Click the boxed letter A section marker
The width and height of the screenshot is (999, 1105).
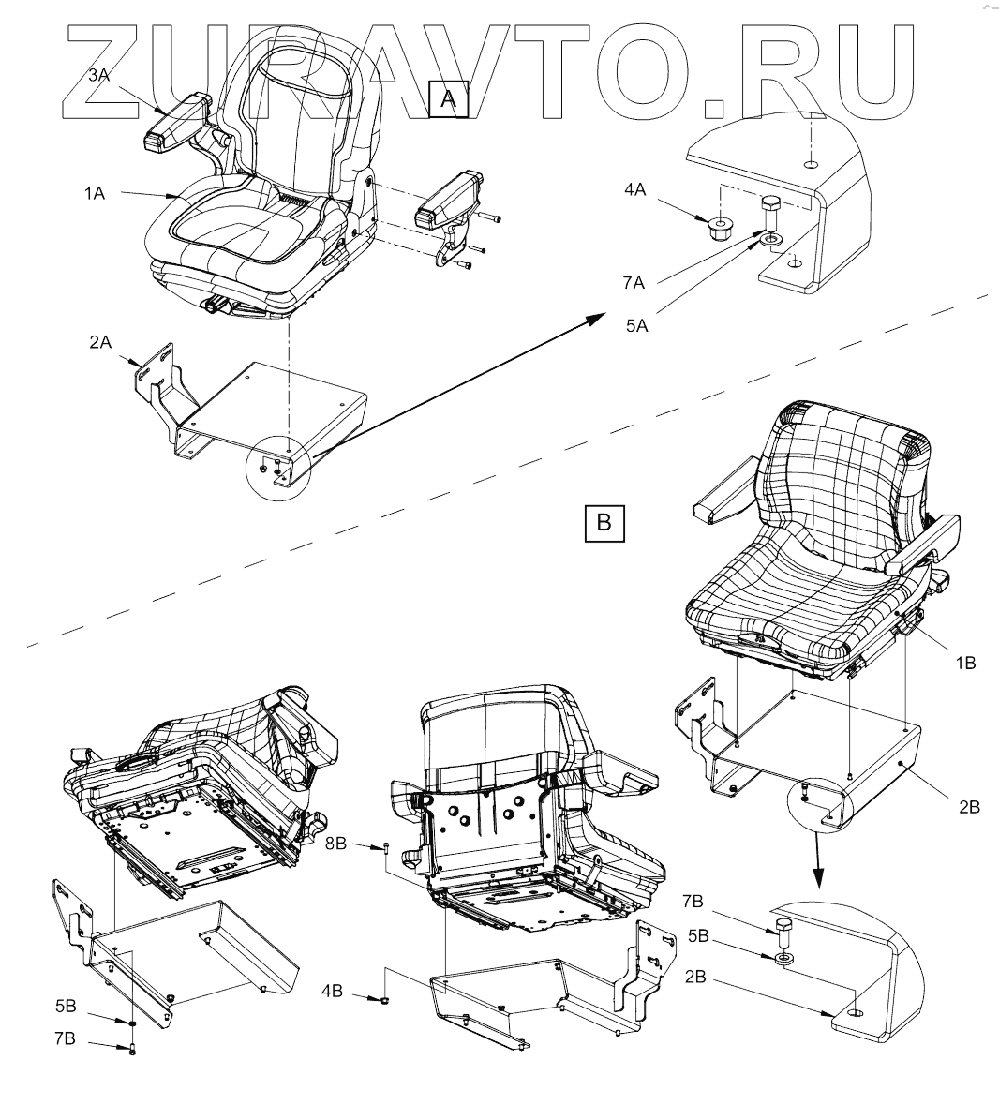click(447, 99)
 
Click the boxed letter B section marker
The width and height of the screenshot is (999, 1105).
click(604, 523)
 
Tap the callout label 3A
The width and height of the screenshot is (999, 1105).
click(98, 77)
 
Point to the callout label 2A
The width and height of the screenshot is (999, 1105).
click(100, 342)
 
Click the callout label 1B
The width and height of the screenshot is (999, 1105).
click(964, 662)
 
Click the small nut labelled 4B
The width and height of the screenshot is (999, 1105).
click(385, 1001)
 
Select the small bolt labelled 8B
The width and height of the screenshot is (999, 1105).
click(387, 849)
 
